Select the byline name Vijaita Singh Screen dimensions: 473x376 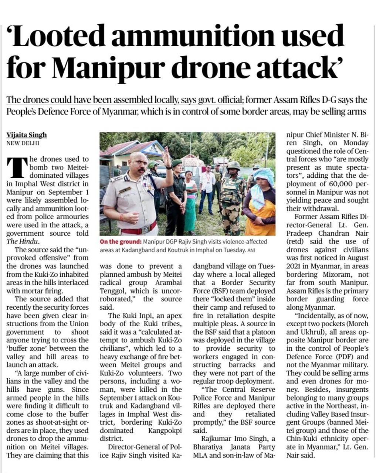(x=27, y=135)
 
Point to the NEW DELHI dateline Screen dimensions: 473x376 (x=23, y=143)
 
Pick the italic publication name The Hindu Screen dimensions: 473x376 (x=22, y=241)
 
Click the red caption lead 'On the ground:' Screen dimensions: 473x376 (x=120, y=242)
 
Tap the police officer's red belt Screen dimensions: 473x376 (x=133, y=231)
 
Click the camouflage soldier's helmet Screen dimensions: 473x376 (x=233, y=166)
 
